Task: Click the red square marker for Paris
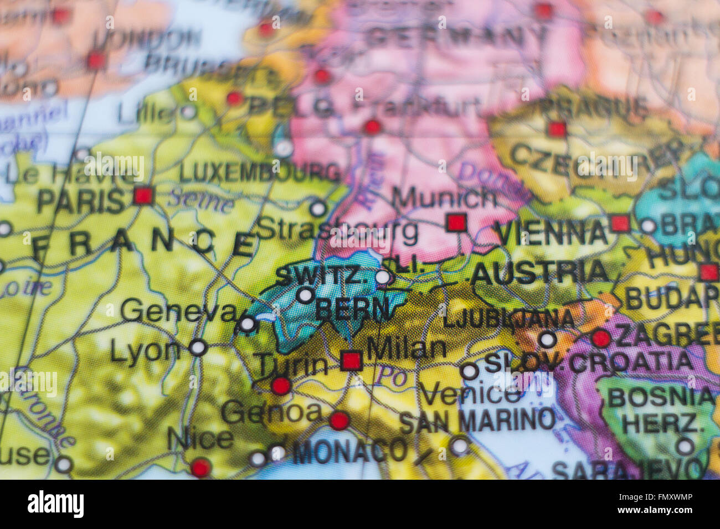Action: (x=143, y=196)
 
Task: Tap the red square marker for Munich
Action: (x=456, y=222)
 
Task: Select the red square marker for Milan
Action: (x=351, y=360)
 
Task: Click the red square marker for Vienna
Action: (x=620, y=224)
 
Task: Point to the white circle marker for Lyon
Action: (x=198, y=348)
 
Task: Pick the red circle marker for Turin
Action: (x=281, y=386)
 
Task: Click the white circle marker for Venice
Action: (x=469, y=371)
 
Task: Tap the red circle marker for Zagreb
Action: (x=601, y=338)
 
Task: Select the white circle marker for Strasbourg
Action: (x=318, y=209)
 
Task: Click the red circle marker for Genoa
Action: (x=339, y=421)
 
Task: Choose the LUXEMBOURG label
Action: (x=259, y=173)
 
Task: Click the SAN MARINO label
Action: (x=476, y=421)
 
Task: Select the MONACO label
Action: (x=349, y=451)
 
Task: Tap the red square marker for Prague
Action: (x=557, y=129)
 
